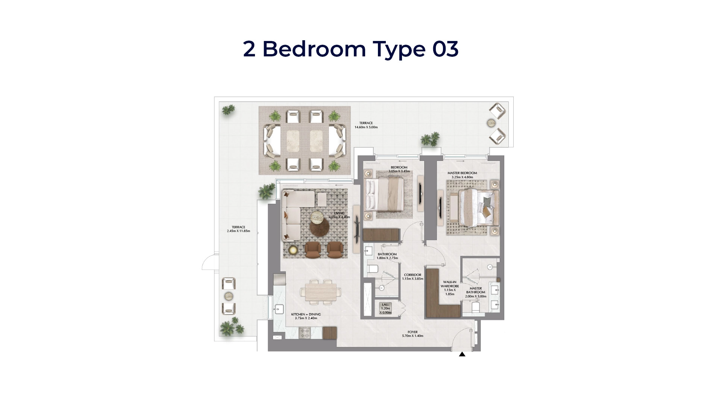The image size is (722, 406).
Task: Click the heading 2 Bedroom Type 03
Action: click(350, 49)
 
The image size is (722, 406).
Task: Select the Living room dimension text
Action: click(339, 217)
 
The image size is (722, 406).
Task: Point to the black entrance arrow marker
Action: click(462, 354)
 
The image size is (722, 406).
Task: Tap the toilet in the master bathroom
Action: click(475, 307)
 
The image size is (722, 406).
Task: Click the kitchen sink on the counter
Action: click(279, 309)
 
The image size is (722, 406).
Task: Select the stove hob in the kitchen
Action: click(304, 333)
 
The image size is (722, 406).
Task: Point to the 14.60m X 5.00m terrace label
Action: click(366, 125)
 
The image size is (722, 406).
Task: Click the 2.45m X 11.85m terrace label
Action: click(238, 229)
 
